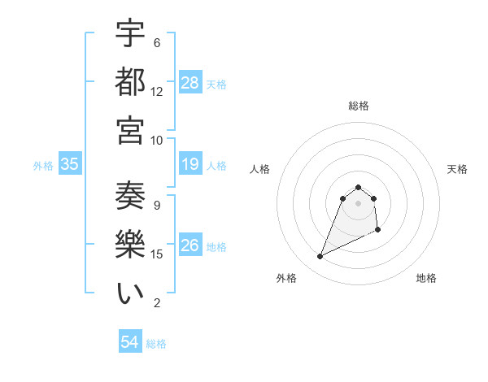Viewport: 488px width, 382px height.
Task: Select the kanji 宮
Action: coord(130,129)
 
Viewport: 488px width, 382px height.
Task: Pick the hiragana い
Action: coord(130,293)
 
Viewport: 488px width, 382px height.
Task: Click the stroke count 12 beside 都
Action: coord(157,91)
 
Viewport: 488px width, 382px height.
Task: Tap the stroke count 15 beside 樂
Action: coord(157,254)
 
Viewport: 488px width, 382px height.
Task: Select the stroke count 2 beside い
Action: coord(157,303)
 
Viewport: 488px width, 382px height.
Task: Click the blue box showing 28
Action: coord(190,83)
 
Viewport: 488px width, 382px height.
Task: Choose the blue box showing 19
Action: coord(190,165)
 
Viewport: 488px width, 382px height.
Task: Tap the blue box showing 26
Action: coord(190,246)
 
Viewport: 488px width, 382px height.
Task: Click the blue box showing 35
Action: coord(70,165)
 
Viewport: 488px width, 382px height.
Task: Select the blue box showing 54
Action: coord(130,343)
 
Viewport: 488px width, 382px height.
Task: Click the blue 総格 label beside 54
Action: coord(157,344)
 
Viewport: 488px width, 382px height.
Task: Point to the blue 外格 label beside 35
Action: coord(43,166)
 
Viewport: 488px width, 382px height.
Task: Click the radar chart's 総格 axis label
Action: coord(359,106)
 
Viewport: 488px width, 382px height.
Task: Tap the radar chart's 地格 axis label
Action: coord(426,278)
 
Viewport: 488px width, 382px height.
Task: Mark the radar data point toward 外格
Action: coord(320,257)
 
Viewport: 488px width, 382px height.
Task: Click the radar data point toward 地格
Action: coord(378,231)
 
